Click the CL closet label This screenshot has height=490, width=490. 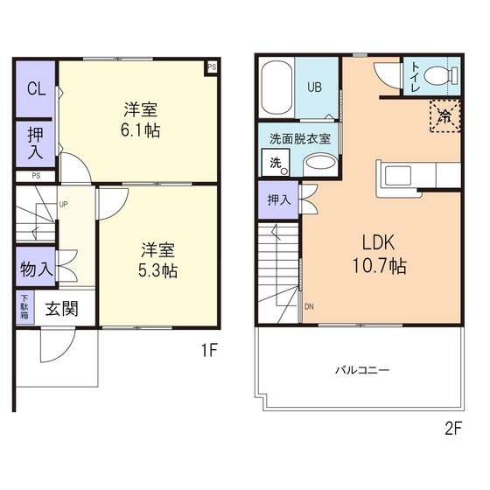tap(36, 89)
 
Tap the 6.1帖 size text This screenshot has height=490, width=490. tap(140, 130)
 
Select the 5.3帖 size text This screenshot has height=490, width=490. tap(157, 270)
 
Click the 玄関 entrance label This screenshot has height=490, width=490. tap(61, 309)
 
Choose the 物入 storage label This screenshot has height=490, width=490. tap(36, 269)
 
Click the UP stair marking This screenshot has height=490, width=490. tap(63, 205)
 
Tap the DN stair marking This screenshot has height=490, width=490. tap(309, 306)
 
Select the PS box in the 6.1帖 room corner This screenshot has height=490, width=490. tap(212, 67)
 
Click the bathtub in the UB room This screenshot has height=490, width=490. tap(276, 88)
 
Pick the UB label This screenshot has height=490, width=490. tap(314, 87)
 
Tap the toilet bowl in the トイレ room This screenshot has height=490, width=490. tap(441, 75)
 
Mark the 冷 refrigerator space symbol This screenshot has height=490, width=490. tap(444, 115)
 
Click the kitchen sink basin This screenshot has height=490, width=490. tap(397, 176)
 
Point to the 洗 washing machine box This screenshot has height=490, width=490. tap(276, 163)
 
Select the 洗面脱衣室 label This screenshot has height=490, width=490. tap(300, 138)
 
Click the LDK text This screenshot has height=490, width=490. tap(378, 242)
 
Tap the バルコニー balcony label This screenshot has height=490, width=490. tap(362, 370)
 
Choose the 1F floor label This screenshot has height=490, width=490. tap(209, 350)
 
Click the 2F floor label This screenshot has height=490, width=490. tap(453, 428)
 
